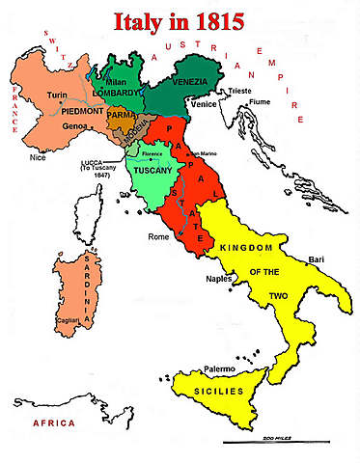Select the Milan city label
pyautogui.click(x=117, y=83)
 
